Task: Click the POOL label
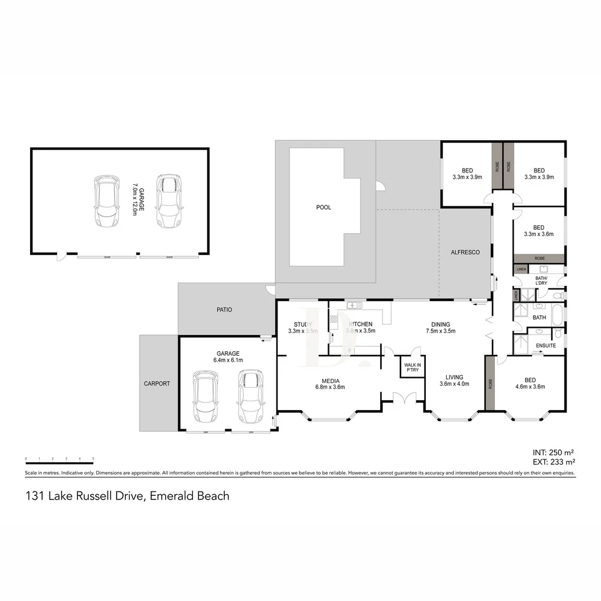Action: point(323,207)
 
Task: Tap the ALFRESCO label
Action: point(465,252)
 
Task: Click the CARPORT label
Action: point(157,383)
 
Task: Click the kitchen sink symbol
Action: point(354,305)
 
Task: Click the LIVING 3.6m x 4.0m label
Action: point(454,380)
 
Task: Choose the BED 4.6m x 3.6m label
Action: point(530,383)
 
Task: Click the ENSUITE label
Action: point(546,346)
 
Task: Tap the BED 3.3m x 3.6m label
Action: point(538,231)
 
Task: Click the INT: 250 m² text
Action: point(554,452)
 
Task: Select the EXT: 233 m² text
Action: point(553,461)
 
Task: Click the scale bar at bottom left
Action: point(59,462)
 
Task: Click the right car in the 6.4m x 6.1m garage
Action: point(249,396)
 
